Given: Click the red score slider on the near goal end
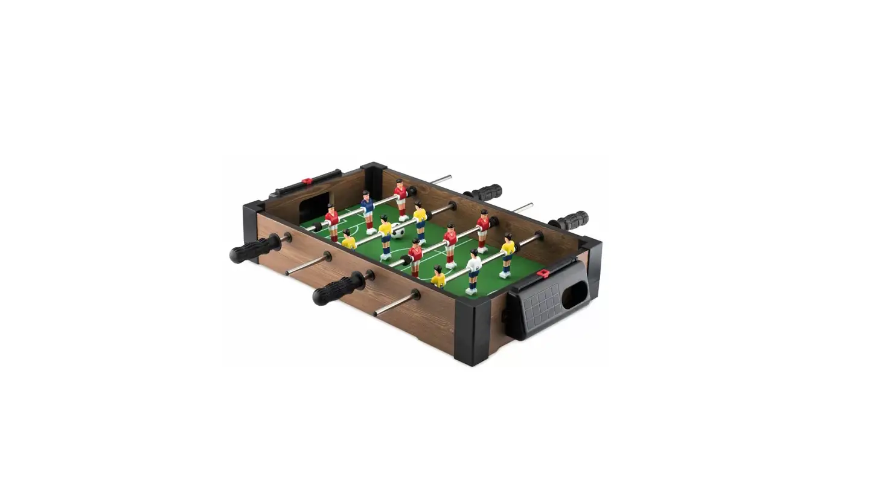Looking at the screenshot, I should tap(543, 274).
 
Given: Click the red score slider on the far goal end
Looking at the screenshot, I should tap(307, 180).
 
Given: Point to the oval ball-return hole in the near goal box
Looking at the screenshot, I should tap(574, 294).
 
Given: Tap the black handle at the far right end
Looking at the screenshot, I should tap(571, 220).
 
